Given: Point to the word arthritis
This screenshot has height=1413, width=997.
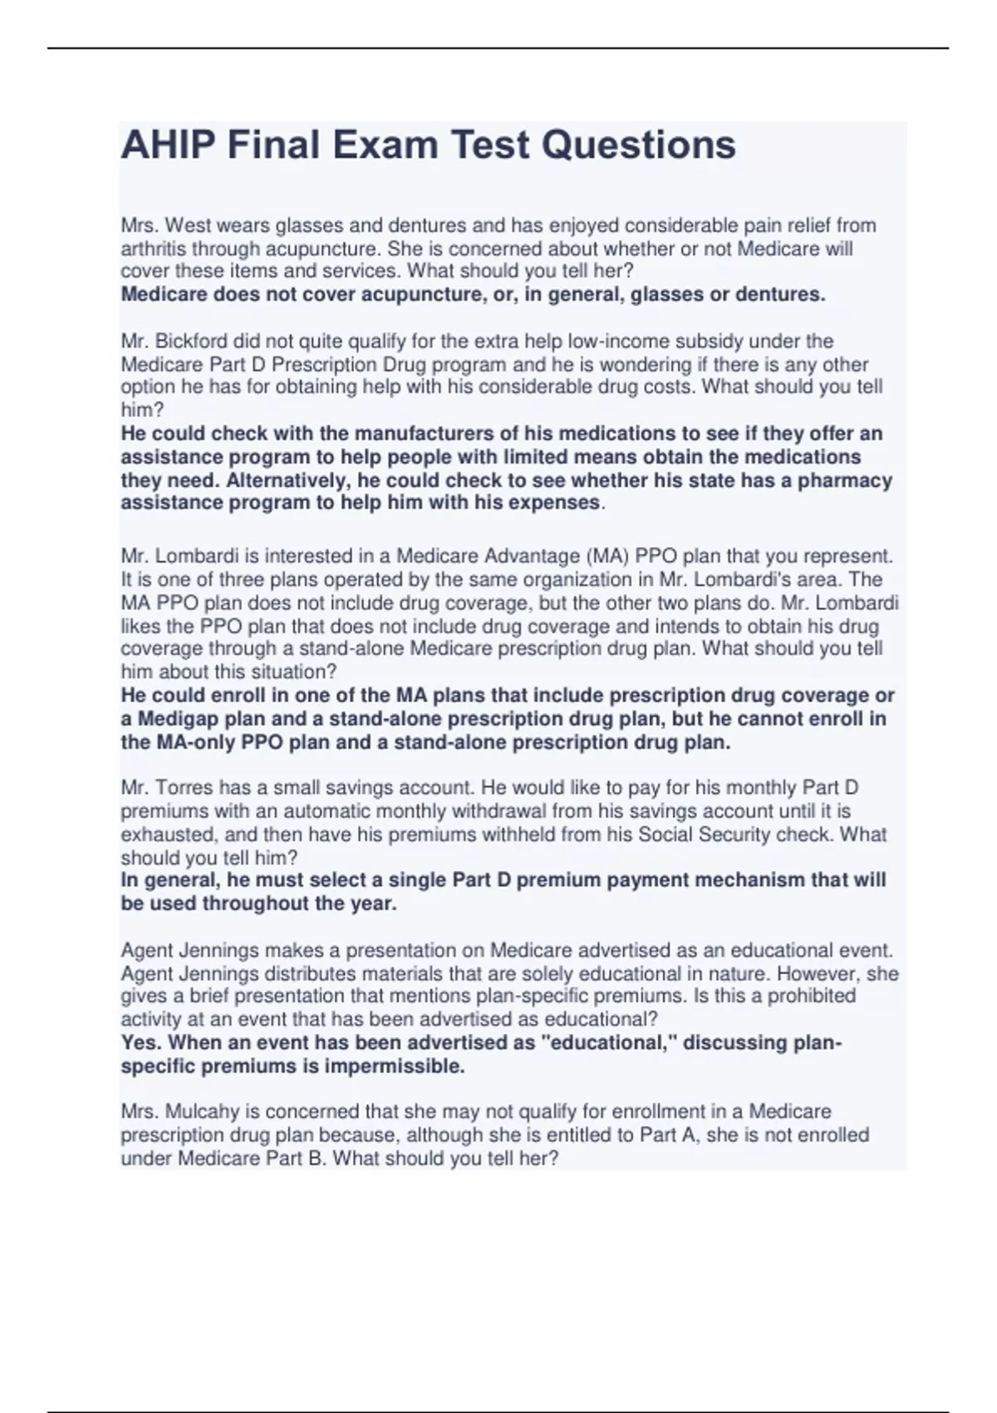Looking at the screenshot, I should pyautogui.click(x=154, y=249).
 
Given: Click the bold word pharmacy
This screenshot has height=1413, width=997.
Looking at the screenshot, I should pyautogui.click(x=845, y=480).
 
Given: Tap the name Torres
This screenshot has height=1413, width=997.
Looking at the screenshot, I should pyautogui.click(x=186, y=787).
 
